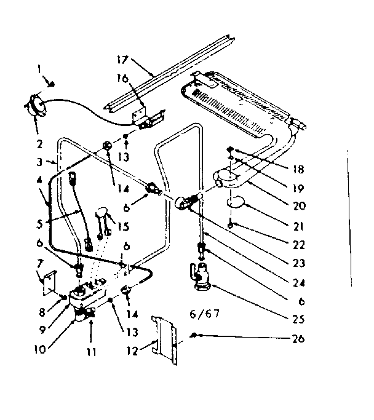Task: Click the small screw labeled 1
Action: tap(54, 84)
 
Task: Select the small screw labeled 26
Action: tap(195, 335)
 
